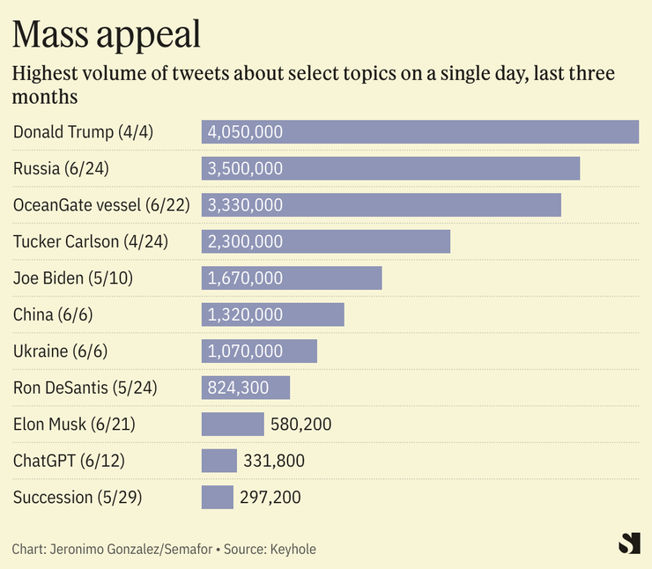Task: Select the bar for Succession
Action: point(218,498)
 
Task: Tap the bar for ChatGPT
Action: point(219,461)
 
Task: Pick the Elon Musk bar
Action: point(233,425)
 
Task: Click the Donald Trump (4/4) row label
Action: point(83,132)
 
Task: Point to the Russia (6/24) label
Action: point(61,168)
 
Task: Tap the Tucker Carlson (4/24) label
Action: point(90,241)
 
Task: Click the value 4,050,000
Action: point(245,132)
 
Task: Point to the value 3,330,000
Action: point(245,205)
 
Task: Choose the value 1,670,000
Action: point(245,278)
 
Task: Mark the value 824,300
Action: point(239,388)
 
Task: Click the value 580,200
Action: point(301,425)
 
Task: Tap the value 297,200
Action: point(270,498)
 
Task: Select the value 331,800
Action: point(274,461)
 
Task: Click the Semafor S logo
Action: point(629,544)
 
